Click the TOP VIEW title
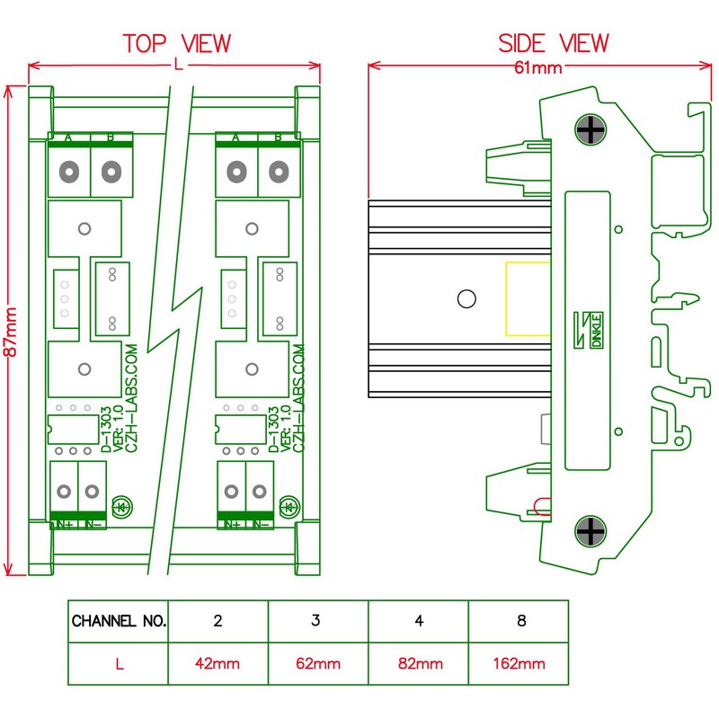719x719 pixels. click(176, 43)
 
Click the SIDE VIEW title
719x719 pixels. click(553, 43)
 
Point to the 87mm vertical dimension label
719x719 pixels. click(12, 333)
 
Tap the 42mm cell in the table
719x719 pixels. click(217, 665)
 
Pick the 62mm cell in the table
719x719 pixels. click(317, 665)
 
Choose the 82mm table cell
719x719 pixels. click(418, 665)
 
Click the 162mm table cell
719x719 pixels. click(519, 665)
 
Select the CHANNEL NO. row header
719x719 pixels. click(119, 621)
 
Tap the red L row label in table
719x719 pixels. click(119, 665)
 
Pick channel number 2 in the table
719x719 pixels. click(218, 621)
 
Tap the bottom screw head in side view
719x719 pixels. click(590, 531)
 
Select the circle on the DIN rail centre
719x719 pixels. click(466, 299)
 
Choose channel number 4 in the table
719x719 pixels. click(419, 621)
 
